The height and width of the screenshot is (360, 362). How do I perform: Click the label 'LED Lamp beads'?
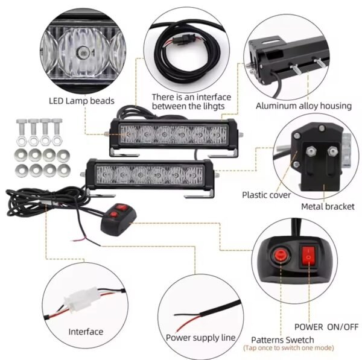tap(81, 101)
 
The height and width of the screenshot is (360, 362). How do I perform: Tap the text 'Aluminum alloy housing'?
tap(303, 106)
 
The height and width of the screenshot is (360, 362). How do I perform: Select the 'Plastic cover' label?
tap(266, 195)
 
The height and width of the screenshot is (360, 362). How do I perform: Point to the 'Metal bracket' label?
tap(328, 207)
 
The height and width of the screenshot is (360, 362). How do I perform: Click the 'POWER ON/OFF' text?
tap(326, 327)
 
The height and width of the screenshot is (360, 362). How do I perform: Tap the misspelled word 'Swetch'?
tap(299, 340)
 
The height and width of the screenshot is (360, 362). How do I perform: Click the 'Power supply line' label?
tap(200, 338)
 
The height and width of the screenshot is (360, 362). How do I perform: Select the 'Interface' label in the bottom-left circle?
tap(86, 332)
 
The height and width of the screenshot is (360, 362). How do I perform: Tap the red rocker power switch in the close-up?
tap(308, 256)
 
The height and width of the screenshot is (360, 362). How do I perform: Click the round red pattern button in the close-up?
tap(280, 254)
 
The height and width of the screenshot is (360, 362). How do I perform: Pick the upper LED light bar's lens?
tap(174, 134)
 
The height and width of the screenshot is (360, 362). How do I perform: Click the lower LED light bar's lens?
tap(150, 175)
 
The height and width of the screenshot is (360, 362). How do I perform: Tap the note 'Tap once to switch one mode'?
tap(288, 348)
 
